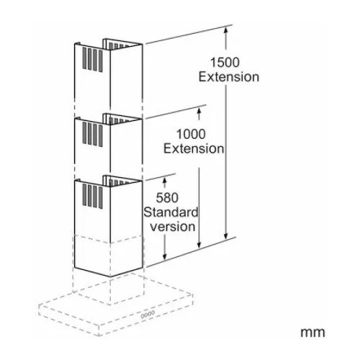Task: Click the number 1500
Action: pyautogui.click(x=225, y=63)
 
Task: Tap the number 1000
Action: pyautogui.click(x=191, y=134)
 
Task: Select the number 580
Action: pyautogui.click(x=167, y=198)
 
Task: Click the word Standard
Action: pyautogui.click(x=171, y=212)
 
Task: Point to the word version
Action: pyautogui.click(x=173, y=227)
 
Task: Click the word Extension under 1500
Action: pyautogui.click(x=229, y=77)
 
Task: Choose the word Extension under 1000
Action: pyautogui.click(x=194, y=148)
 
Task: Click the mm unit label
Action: pyautogui.click(x=312, y=333)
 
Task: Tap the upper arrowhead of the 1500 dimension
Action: pyautogui.click(x=225, y=30)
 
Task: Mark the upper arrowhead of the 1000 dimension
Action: pyautogui.click(x=199, y=111)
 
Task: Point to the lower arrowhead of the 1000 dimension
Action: pyautogui.click(x=199, y=245)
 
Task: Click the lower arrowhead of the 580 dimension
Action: pyautogui.click(x=165, y=256)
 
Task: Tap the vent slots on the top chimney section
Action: pyautogui.click(x=93, y=59)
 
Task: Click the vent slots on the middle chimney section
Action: pyautogui.click(x=93, y=134)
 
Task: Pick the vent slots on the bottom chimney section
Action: pyautogui.click(x=93, y=196)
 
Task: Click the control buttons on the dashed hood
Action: pyautogui.click(x=148, y=315)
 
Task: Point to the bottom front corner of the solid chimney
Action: pyautogui.click(x=110, y=276)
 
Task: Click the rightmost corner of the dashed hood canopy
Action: pyautogui.click(x=192, y=294)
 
